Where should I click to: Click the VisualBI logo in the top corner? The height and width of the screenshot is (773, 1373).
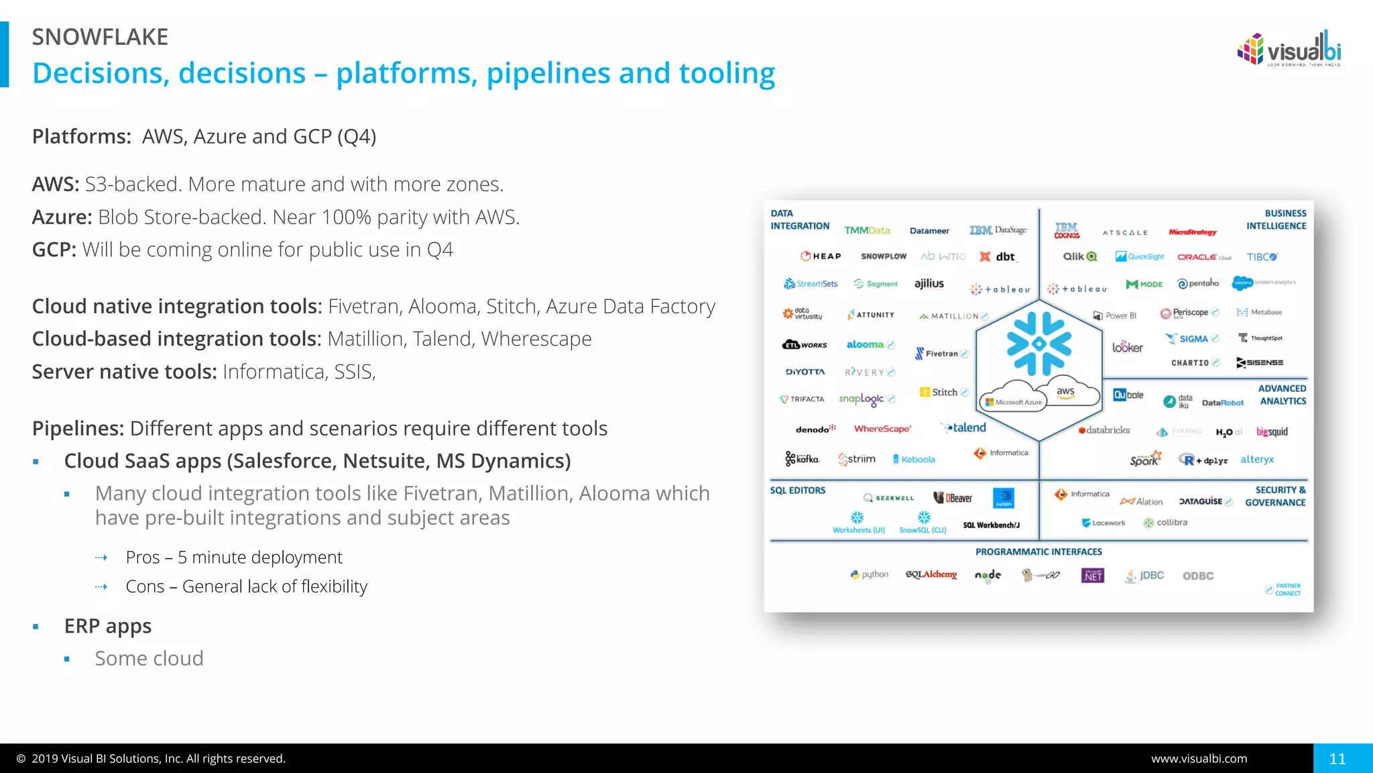point(1289,49)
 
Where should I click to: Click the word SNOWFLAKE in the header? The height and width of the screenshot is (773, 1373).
point(100,37)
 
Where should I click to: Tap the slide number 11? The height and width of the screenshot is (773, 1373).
point(1337,759)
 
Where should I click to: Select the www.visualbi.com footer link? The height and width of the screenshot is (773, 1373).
point(1199,759)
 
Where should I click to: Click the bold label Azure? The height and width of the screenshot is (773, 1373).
point(62,217)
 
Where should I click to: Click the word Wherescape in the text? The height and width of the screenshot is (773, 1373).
point(536,339)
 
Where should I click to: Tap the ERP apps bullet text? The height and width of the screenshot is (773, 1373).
point(108,626)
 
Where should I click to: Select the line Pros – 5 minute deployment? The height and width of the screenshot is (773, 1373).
point(234,558)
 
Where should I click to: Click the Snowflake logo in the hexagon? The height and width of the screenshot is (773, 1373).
point(1038,344)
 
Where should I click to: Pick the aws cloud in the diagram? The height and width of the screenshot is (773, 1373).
point(1065,392)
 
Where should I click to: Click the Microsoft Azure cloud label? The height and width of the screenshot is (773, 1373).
point(1014,402)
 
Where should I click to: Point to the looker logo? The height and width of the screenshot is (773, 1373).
point(1128,347)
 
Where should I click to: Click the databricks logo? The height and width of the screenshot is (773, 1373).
point(1104,430)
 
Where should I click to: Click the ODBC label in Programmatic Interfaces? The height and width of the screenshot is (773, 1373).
point(1198,576)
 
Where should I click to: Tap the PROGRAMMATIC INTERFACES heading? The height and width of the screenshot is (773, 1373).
point(1038,552)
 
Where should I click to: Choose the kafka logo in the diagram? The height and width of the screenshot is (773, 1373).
point(802,459)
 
